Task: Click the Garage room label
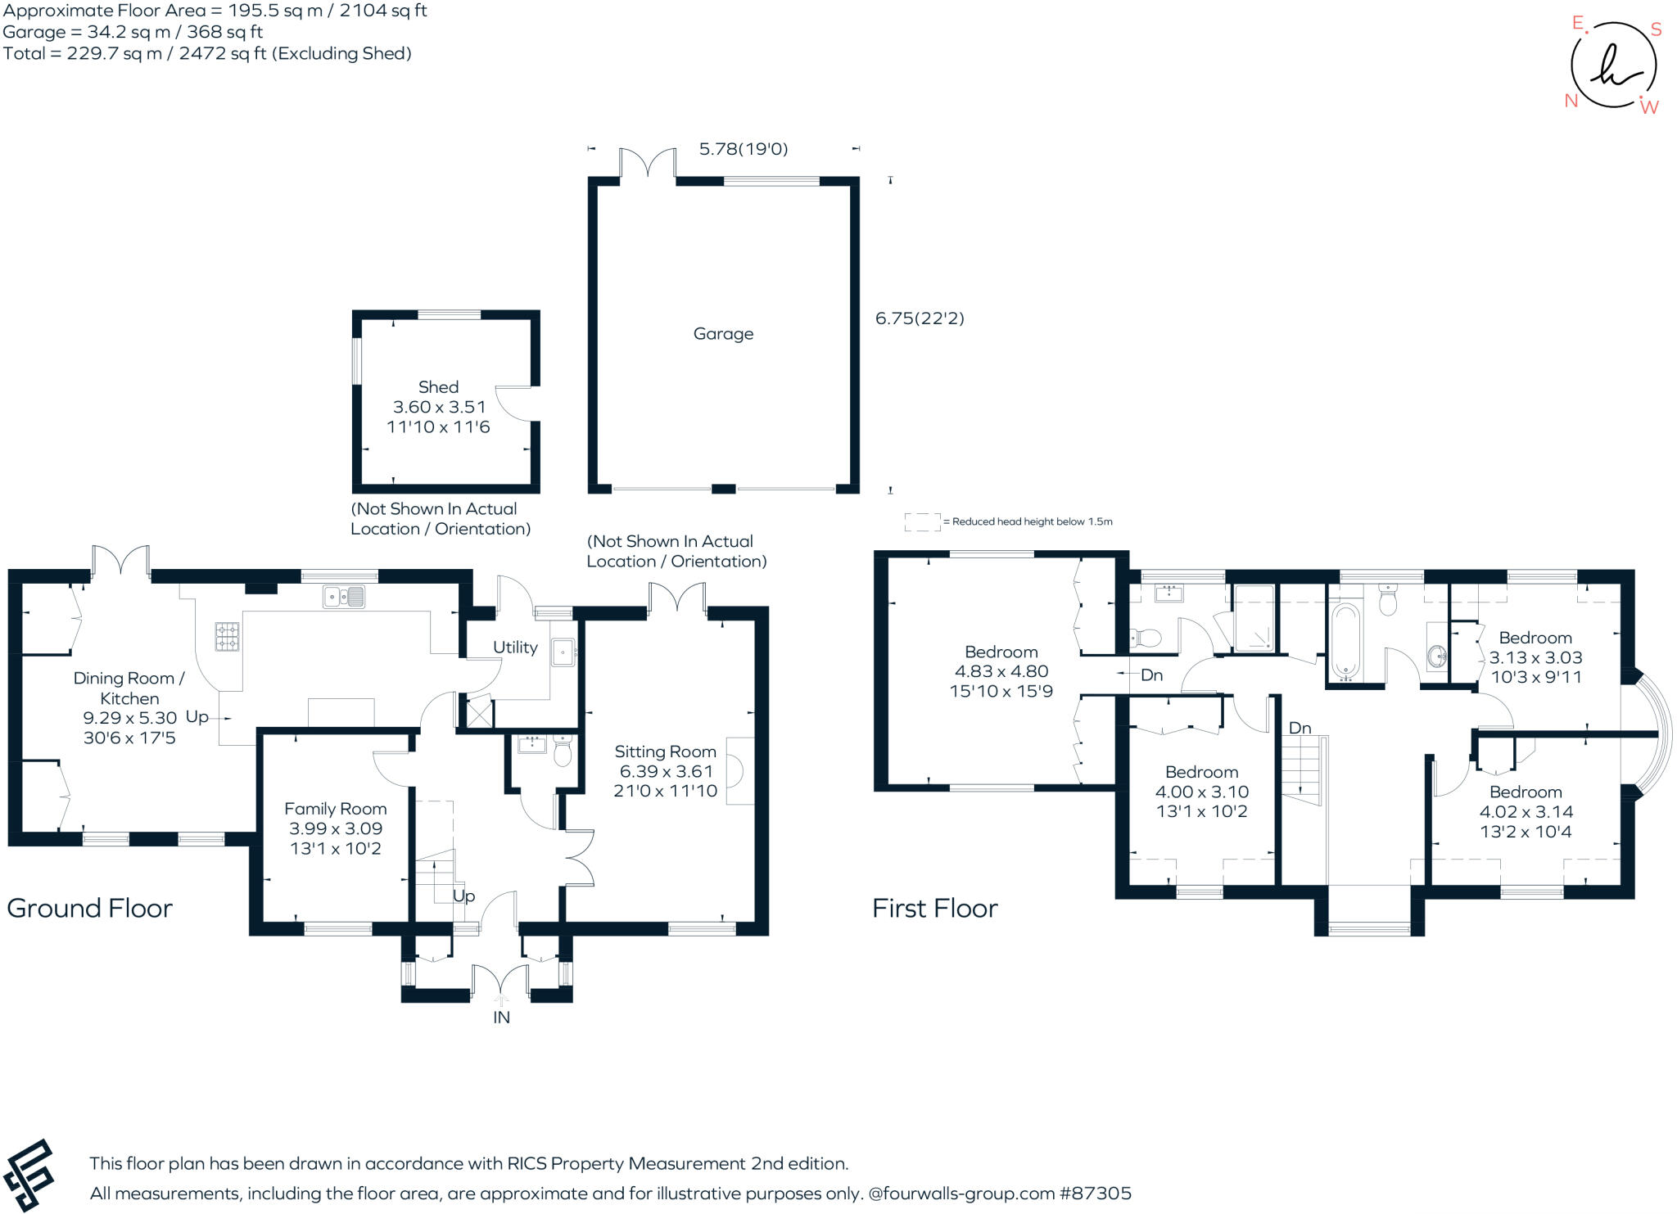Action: coord(723,334)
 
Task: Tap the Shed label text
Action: coord(438,387)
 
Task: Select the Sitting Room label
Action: coord(665,751)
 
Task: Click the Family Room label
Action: coord(335,809)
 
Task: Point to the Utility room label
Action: coord(515,648)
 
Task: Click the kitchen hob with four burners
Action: coord(228,637)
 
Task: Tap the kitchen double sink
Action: coord(345,597)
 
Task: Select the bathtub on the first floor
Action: coord(1345,643)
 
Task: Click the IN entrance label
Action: coord(501,1018)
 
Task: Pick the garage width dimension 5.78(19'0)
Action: coord(743,149)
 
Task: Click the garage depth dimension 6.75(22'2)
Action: coord(920,318)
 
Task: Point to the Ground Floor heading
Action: coord(90,908)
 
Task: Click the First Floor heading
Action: coord(934,908)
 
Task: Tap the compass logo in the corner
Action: coord(1613,66)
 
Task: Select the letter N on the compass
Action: coord(1571,101)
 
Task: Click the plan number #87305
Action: coord(1095,1194)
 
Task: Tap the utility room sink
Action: coord(563,652)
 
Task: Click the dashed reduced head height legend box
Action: coord(922,521)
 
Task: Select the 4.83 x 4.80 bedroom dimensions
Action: coord(1001,671)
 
